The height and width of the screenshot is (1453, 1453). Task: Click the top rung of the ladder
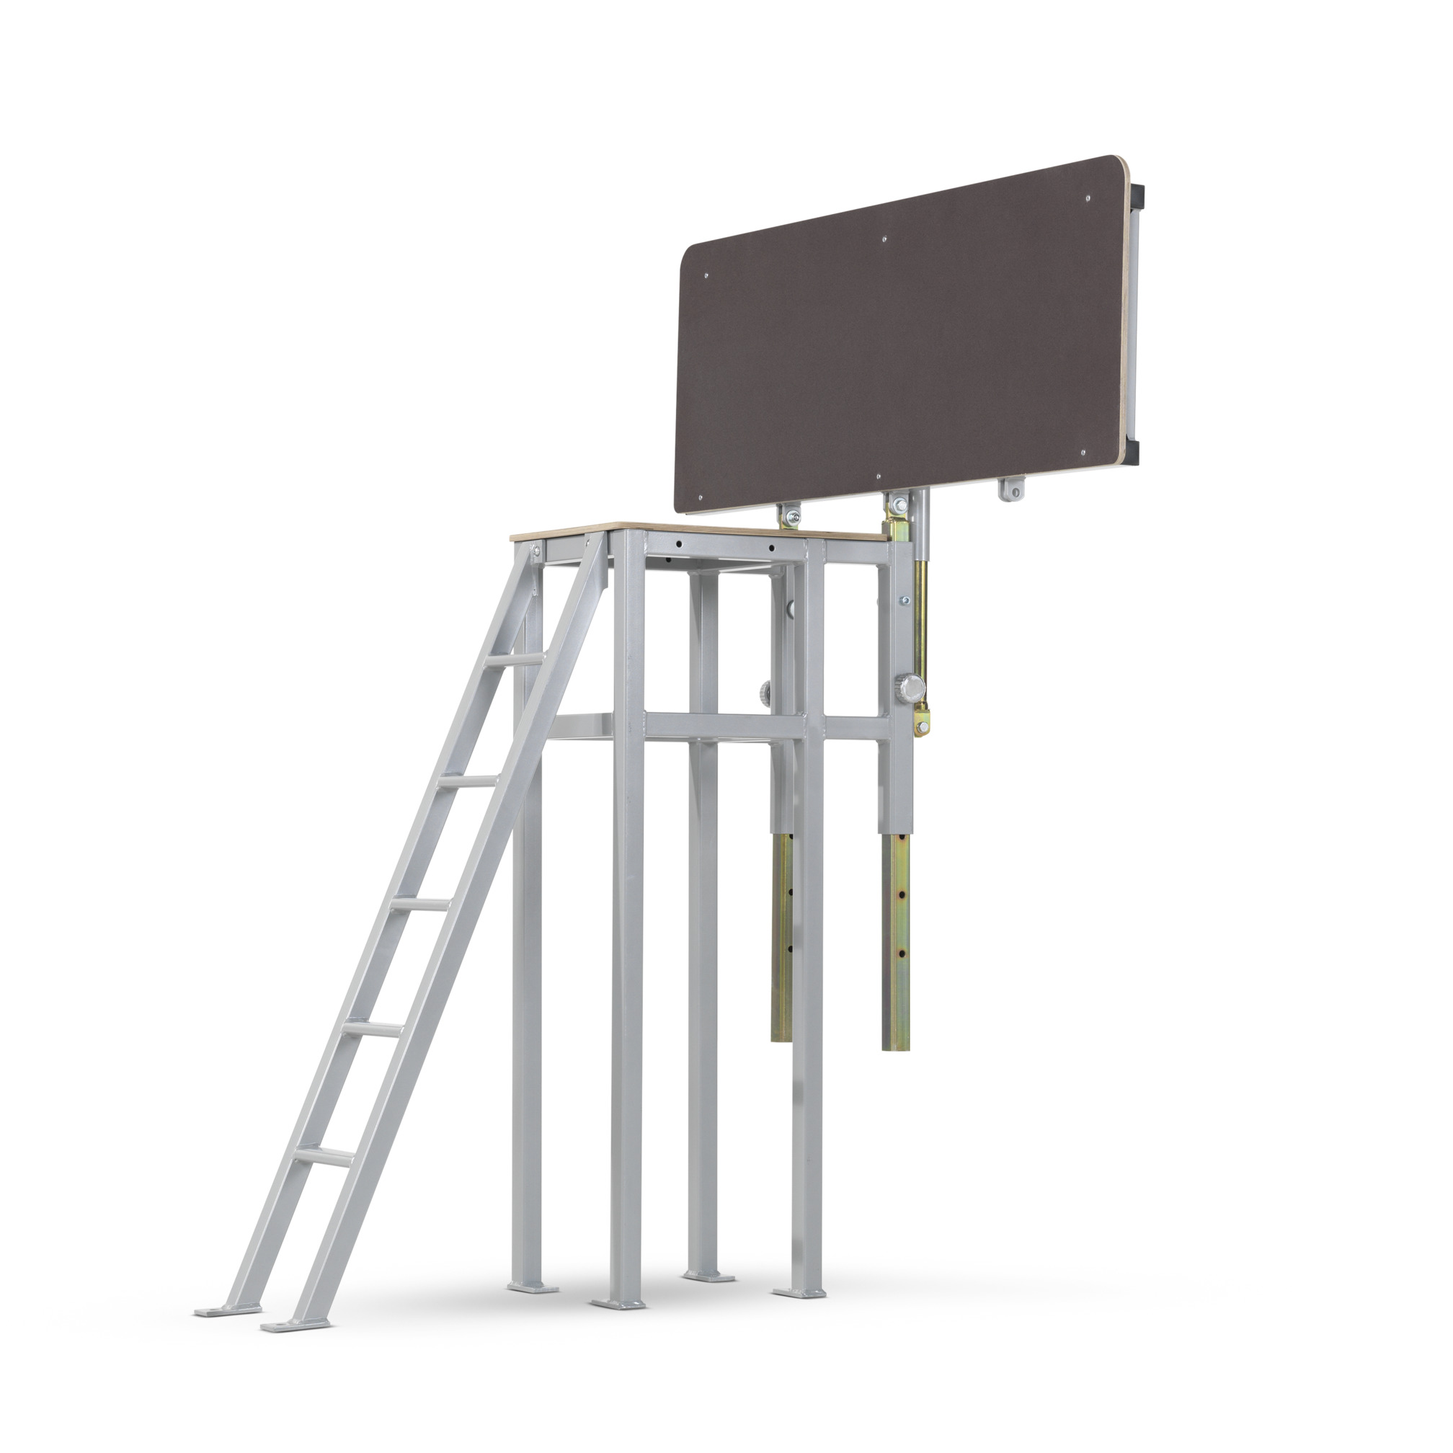coord(515,659)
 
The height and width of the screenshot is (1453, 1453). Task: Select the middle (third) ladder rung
coord(419,905)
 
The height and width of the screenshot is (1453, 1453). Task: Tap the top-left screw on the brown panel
coord(706,276)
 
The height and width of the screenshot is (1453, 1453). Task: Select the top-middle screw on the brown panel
coord(884,239)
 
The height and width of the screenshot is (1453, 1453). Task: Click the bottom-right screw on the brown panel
coord(1083,453)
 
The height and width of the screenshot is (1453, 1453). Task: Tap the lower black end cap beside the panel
coord(1132,452)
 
